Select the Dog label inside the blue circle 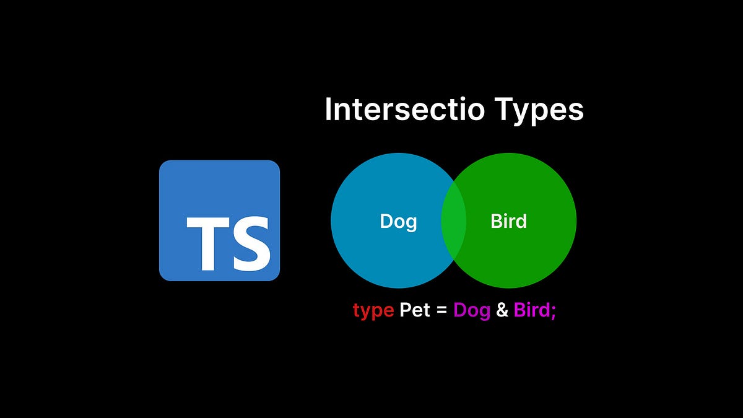coord(398,221)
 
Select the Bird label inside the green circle coord(508,221)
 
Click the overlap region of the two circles coord(453,220)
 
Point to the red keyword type coord(373,310)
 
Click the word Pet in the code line coord(415,310)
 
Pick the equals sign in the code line coord(441,310)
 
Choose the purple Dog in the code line coord(472,310)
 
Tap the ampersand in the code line coord(502,310)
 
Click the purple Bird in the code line coord(532,310)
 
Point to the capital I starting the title coord(329,110)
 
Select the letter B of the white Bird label coord(497,221)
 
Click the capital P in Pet coord(406,310)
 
